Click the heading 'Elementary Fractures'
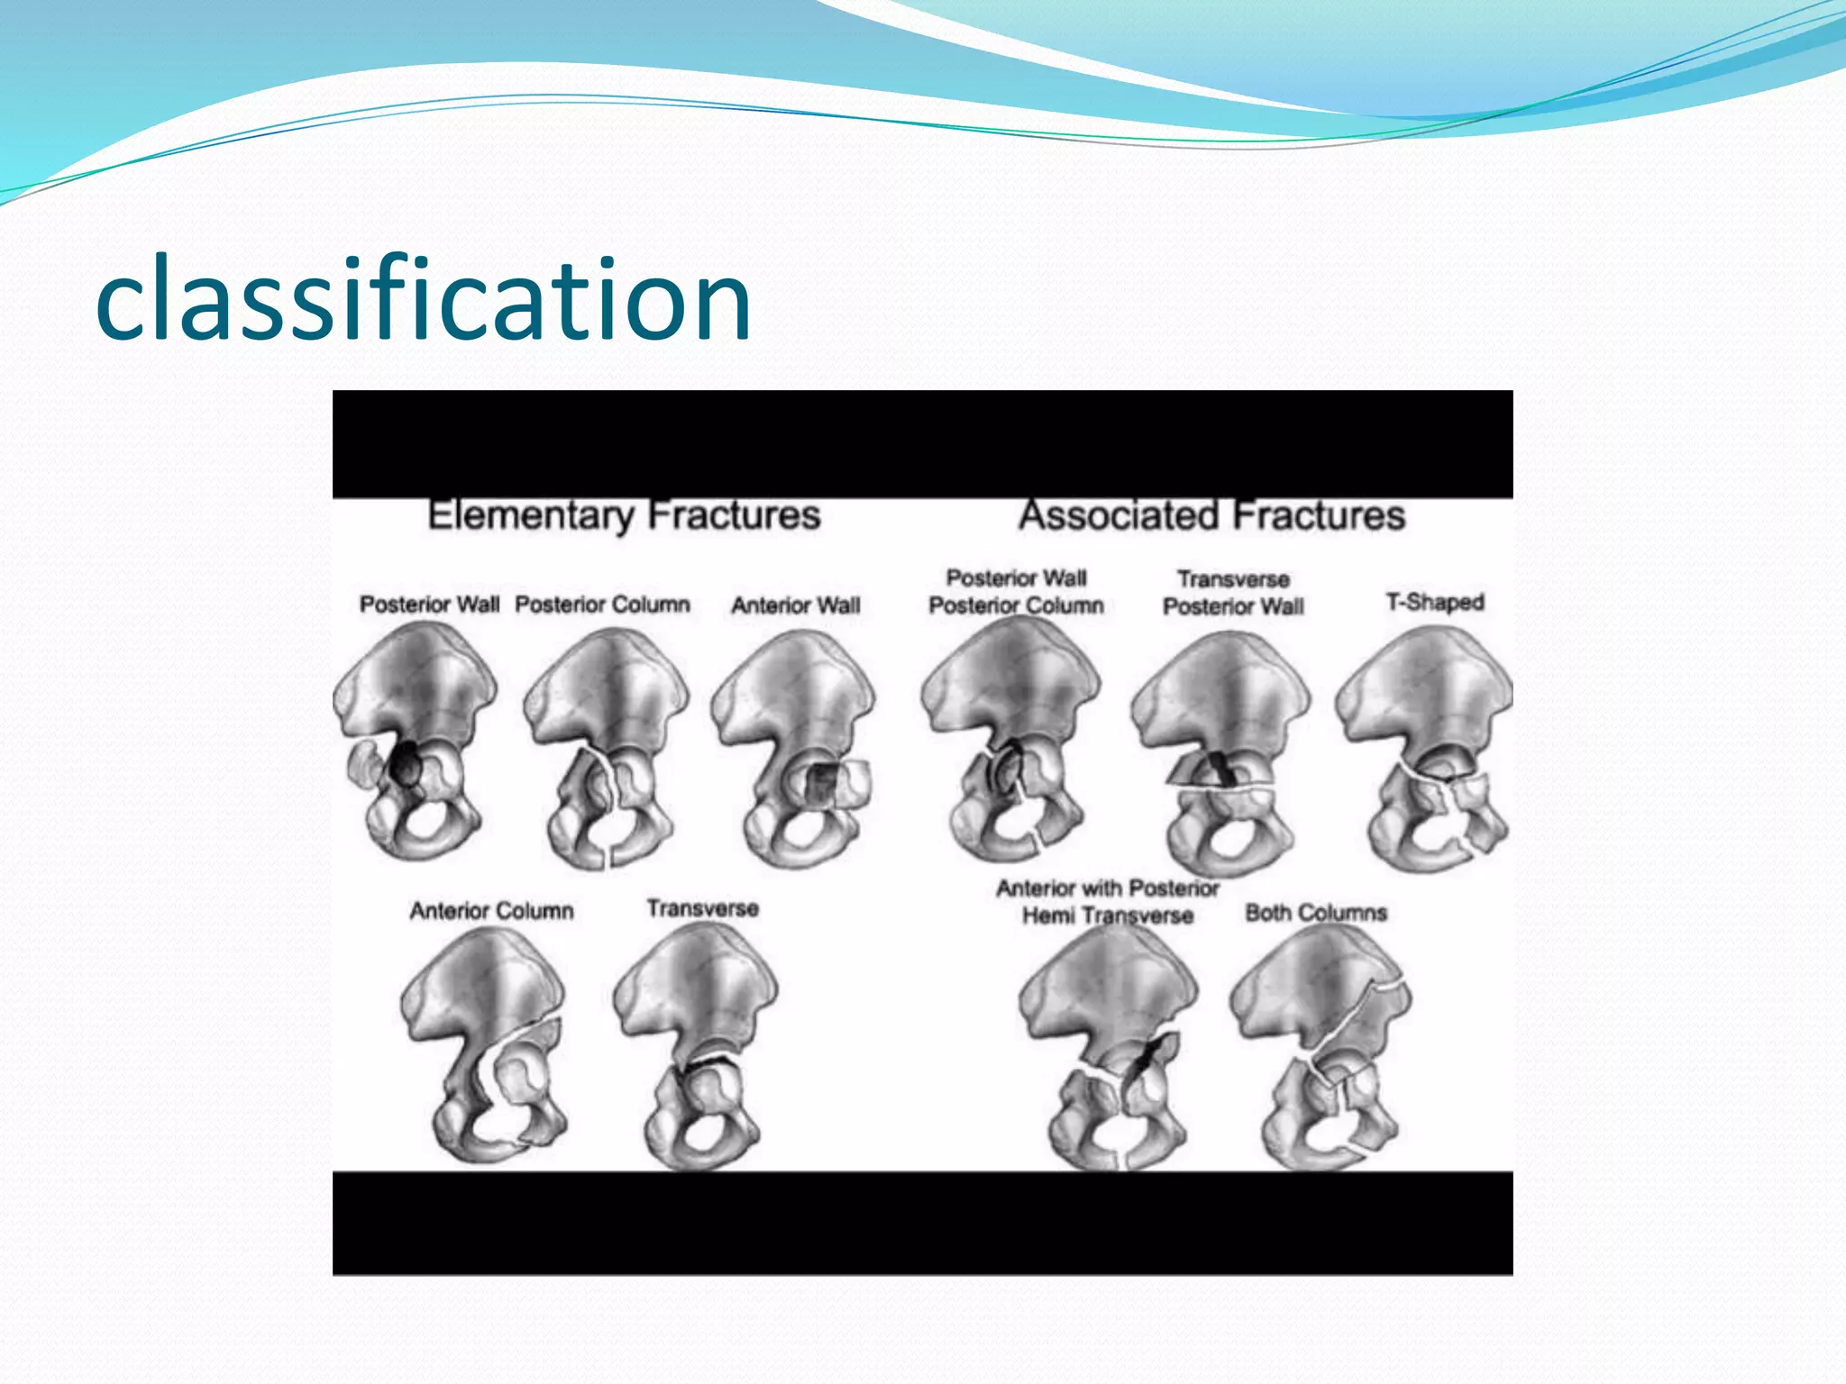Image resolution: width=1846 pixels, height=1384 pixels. tap(624, 515)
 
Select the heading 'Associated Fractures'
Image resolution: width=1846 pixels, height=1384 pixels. tap(1212, 515)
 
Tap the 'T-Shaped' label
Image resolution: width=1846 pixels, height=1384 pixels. tap(1435, 602)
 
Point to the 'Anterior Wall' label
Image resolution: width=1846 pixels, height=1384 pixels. tap(796, 605)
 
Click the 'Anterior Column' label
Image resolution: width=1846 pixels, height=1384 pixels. tap(492, 911)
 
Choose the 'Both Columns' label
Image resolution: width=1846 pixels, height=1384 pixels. tap(1316, 913)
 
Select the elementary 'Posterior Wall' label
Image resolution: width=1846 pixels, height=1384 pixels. tap(429, 604)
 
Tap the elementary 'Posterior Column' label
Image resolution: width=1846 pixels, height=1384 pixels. tap(602, 604)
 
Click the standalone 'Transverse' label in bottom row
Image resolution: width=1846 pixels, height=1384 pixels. tap(702, 908)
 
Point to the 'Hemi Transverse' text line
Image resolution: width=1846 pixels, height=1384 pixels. tap(1108, 916)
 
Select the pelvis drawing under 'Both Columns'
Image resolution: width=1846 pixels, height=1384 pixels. tap(1321, 1045)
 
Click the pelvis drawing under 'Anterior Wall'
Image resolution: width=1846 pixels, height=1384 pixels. tap(793, 748)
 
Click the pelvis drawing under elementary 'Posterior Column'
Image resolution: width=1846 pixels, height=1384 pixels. tap(606, 748)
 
